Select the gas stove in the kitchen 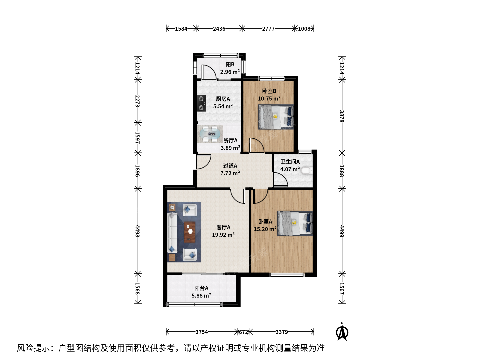202,103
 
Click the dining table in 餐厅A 210,134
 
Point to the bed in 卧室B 276,117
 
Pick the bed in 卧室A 295,223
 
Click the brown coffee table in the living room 190,232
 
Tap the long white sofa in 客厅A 173,233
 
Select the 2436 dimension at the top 219,29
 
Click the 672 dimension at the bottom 244,332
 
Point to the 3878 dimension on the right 342,116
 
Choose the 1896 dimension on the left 137,171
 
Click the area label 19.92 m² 223,235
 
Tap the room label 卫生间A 290,162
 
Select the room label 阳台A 201,288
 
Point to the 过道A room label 230,166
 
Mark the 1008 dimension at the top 304,29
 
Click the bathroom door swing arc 280,179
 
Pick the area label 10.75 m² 269,99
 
